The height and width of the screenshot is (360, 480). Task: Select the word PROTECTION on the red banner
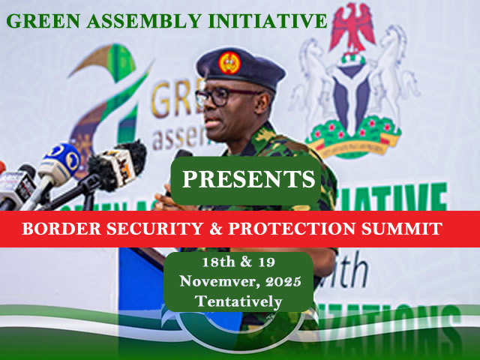click(x=298, y=229)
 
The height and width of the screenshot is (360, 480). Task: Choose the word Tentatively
click(x=238, y=301)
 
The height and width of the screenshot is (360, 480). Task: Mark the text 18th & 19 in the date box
click(x=238, y=263)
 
